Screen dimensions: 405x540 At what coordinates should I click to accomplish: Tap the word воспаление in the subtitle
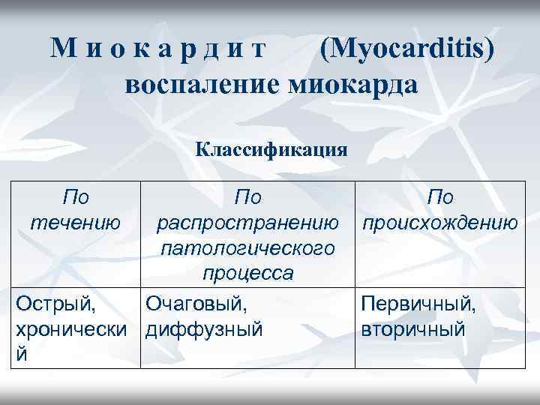click(202, 85)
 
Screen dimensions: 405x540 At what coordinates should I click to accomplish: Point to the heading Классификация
click(271, 147)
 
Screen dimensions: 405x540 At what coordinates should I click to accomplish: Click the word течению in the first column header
click(75, 223)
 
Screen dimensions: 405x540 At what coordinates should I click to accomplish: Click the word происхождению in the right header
click(439, 223)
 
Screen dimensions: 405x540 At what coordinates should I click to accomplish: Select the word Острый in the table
click(57, 304)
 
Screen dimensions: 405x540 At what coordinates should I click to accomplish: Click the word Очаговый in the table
click(196, 304)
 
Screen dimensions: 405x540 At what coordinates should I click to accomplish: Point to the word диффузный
click(204, 329)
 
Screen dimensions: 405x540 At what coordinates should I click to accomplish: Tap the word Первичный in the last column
click(418, 304)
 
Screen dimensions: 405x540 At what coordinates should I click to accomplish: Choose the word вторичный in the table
click(412, 329)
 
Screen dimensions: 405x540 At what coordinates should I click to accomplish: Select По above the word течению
click(75, 197)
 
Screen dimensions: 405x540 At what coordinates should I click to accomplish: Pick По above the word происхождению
click(439, 197)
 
